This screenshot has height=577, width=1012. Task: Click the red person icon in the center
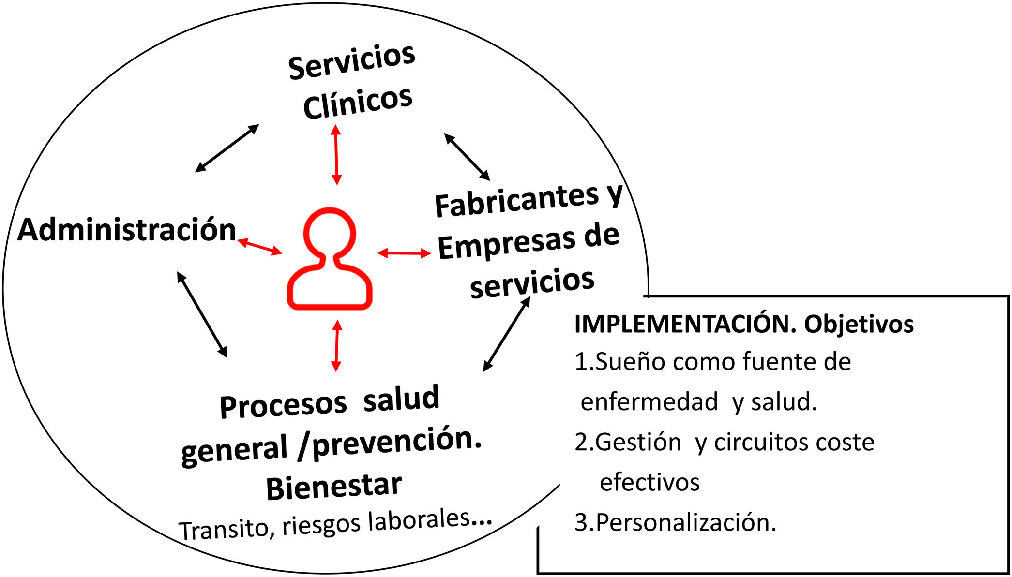(330, 260)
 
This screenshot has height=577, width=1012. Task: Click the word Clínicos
(358, 103)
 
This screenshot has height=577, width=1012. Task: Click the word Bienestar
(334, 487)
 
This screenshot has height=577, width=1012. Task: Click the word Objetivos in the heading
(859, 324)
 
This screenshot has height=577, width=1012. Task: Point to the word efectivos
(649, 482)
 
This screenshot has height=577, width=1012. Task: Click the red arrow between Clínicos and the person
(336, 154)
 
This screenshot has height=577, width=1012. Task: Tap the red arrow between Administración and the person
(259, 246)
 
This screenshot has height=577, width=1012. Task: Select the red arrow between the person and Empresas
(404, 252)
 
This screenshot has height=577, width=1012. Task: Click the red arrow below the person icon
(337, 345)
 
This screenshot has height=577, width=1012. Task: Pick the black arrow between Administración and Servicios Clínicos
(227, 148)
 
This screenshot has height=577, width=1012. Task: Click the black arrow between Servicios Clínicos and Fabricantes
(467, 157)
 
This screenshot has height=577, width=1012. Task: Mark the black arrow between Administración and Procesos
(202, 314)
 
